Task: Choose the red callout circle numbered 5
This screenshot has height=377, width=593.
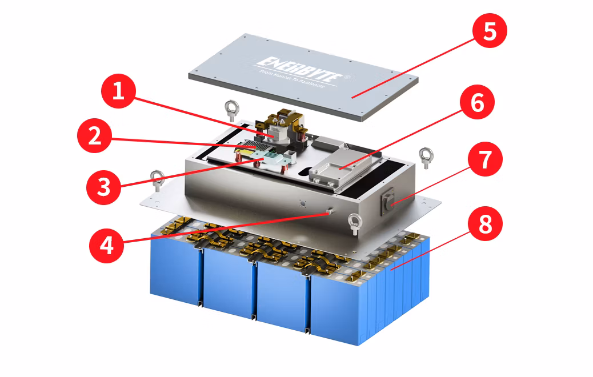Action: [x=489, y=33]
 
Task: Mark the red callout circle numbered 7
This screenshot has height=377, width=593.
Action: [x=484, y=160]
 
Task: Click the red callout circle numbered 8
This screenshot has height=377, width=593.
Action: [x=484, y=224]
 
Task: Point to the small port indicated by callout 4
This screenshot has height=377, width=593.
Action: [x=330, y=212]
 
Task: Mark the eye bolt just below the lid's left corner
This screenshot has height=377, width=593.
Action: [x=233, y=107]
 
